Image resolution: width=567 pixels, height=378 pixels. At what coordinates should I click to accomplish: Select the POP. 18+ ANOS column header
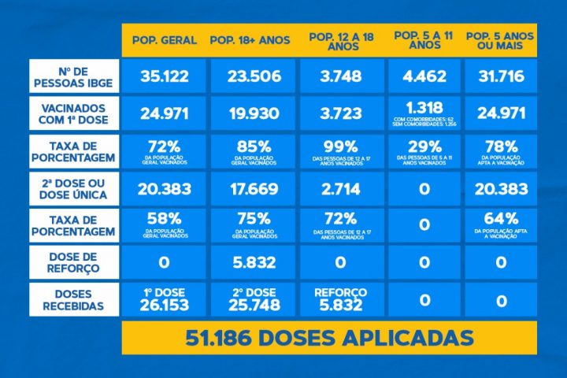click(250, 40)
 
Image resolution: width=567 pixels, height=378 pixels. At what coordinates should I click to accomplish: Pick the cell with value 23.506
click(250, 76)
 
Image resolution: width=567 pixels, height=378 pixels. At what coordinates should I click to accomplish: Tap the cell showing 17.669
click(250, 188)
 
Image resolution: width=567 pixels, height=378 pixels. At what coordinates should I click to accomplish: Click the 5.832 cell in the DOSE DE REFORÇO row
click(250, 262)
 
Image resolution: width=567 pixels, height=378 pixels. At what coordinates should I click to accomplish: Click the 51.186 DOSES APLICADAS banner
click(329, 338)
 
